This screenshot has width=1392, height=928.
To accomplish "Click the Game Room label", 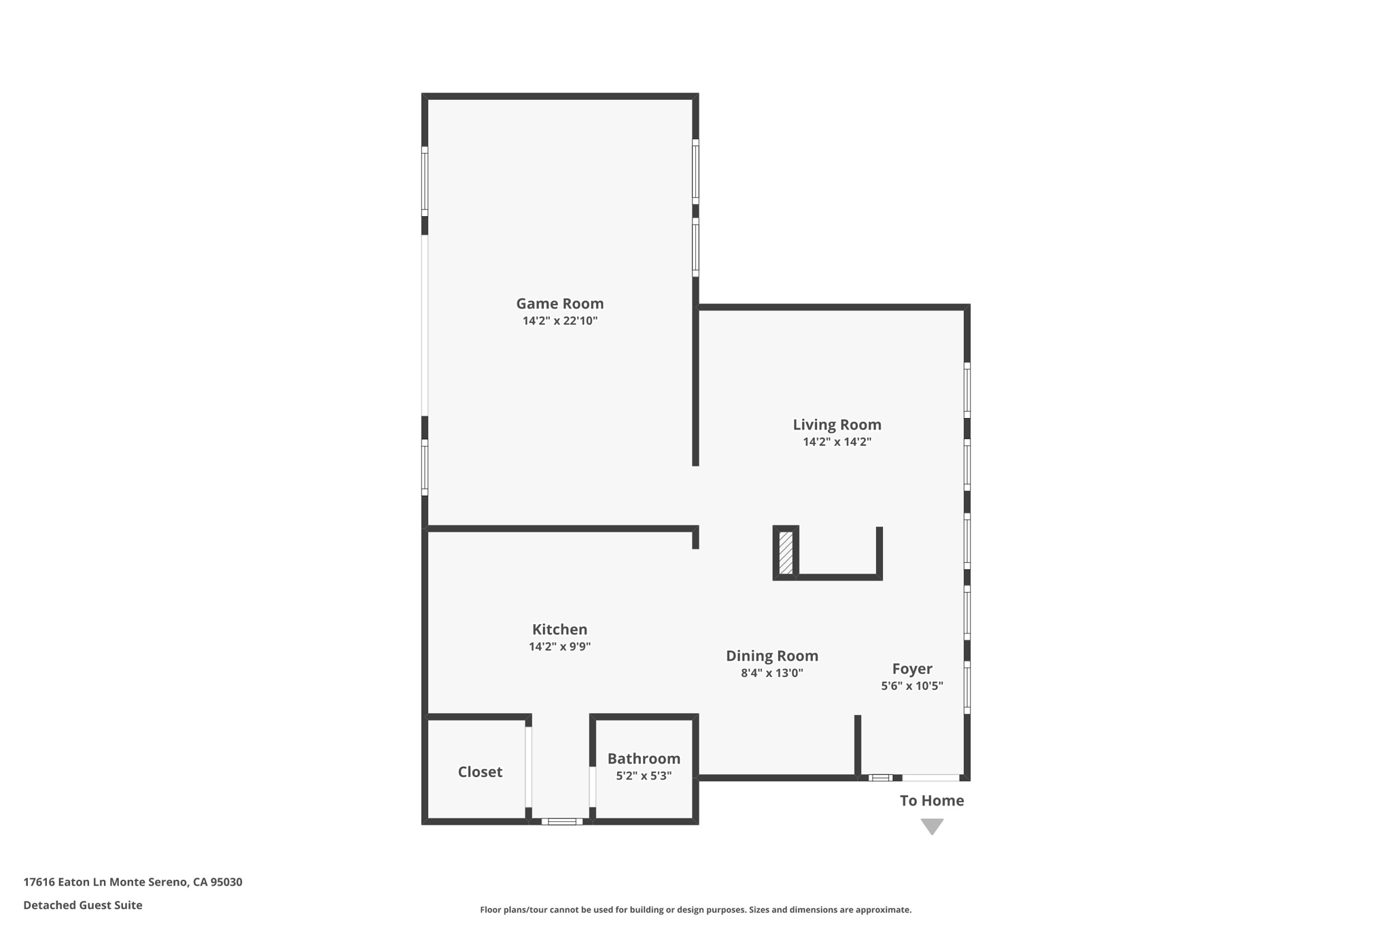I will [x=559, y=304].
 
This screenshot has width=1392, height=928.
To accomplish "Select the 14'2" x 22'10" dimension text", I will [x=559, y=321].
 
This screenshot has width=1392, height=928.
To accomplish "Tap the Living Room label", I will [x=837, y=425].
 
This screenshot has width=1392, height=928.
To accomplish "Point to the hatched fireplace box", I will [x=786, y=553].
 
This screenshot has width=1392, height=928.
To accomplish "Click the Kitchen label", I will [x=559, y=630].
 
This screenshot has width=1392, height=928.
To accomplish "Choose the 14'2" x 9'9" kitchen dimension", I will [x=559, y=647].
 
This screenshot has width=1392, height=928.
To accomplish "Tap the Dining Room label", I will [x=771, y=656].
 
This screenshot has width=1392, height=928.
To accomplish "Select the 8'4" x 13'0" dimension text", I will [x=771, y=673].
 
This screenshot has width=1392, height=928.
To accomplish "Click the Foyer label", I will [x=911, y=669].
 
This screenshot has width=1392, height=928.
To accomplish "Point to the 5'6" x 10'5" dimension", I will [x=911, y=686].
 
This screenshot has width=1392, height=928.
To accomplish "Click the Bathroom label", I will [x=644, y=759].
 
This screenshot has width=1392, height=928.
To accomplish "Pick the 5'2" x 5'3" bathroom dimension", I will [x=644, y=776].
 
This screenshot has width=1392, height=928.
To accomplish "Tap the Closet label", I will [x=480, y=772].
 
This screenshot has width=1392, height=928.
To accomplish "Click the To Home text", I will [x=931, y=801].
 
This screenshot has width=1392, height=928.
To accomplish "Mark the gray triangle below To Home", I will [x=932, y=825].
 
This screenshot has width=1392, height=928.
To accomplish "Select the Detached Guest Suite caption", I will [x=83, y=906].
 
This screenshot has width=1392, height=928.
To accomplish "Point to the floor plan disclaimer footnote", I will [x=695, y=910].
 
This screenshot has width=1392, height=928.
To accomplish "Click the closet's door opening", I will [x=528, y=767].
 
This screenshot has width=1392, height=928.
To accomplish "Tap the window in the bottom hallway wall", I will [x=561, y=821].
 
